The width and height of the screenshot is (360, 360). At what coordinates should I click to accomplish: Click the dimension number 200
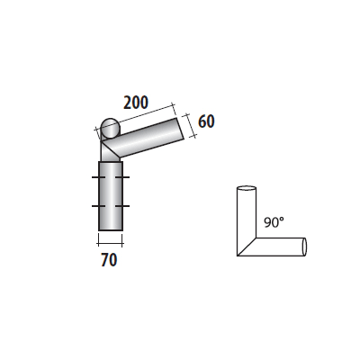coord(136,102)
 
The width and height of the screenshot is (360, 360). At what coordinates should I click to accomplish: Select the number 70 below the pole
coord(109,260)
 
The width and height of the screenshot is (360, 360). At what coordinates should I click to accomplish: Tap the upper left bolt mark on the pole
coord(94,180)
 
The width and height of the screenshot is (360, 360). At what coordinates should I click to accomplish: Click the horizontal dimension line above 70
coord(110,240)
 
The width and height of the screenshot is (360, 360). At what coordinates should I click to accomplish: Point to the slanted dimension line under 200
coord(139,118)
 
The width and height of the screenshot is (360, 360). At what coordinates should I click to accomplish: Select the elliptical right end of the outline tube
coord(305,246)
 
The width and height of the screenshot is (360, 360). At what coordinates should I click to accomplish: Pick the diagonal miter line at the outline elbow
coord(245,247)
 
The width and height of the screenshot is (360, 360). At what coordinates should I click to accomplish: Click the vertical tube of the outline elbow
coord(245,216)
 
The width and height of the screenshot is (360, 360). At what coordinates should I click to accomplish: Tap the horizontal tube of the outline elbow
coord(279,247)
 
